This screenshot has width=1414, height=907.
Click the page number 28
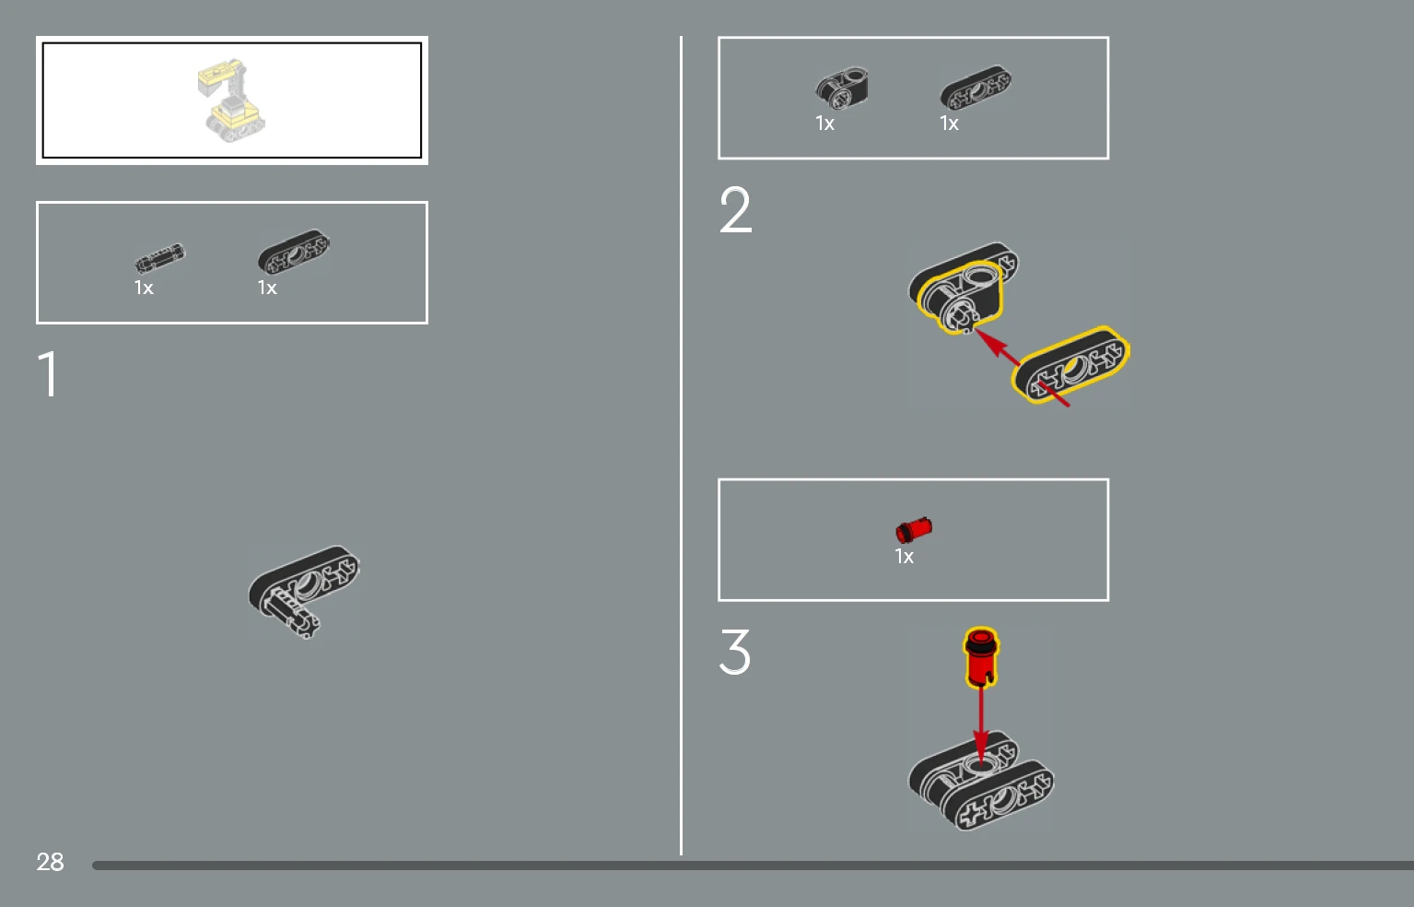point(50,862)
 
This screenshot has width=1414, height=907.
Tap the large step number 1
point(49,373)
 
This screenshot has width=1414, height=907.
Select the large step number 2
point(735,209)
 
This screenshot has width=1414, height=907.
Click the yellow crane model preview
point(231,100)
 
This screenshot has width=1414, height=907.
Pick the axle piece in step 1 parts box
point(159,258)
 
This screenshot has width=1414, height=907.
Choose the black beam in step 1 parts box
point(294,251)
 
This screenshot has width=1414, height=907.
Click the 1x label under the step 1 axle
point(144,288)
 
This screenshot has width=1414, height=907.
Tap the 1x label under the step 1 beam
point(267,288)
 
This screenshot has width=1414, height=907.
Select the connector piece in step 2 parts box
point(841,88)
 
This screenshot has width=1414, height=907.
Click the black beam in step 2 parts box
point(976,88)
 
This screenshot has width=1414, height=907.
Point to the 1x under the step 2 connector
point(824,124)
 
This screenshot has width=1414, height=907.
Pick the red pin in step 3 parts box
point(914,529)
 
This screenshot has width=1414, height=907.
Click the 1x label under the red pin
point(904,557)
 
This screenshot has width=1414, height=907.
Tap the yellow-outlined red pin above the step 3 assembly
point(980,657)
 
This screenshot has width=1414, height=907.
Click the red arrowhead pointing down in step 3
point(980,748)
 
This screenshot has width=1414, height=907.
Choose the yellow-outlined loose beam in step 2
point(1070,365)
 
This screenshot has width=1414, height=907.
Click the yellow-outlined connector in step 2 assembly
point(960,297)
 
